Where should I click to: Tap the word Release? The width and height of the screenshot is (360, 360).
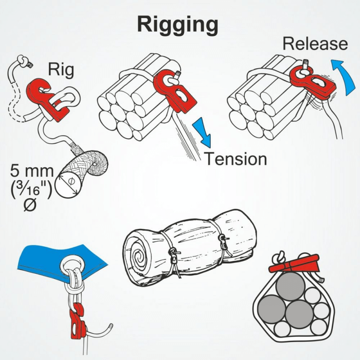coord(315,44)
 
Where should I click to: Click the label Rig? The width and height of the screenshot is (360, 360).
coord(61,70)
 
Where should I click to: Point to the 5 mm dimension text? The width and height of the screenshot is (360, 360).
coord(31,171)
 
